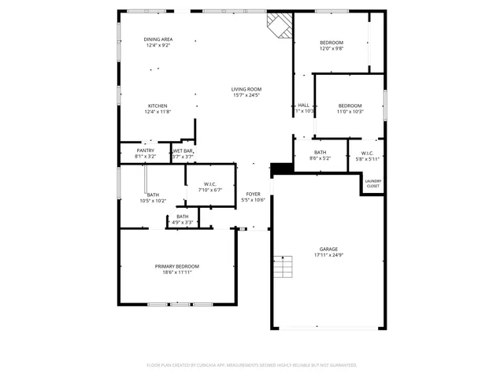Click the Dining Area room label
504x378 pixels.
(157, 39)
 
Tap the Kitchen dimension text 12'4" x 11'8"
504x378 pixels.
(157, 112)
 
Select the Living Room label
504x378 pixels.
(246, 89)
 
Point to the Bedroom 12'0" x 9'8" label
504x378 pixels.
(331, 43)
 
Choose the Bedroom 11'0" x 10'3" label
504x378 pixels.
(350, 106)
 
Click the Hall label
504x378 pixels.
(303, 106)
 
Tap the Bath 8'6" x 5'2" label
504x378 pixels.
(320, 152)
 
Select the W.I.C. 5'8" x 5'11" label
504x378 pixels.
(367, 153)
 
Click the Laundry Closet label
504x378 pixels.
(372, 183)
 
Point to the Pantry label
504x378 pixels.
(145, 150)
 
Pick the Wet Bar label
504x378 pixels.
(183, 150)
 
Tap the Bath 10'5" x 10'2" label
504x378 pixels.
(152, 195)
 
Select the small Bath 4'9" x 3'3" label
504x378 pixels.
(182, 217)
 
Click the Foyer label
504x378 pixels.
(253, 194)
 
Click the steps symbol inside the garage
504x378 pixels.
(282, 270)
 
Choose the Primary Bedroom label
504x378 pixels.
(176, 266)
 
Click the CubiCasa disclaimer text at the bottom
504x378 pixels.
(252, 365)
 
